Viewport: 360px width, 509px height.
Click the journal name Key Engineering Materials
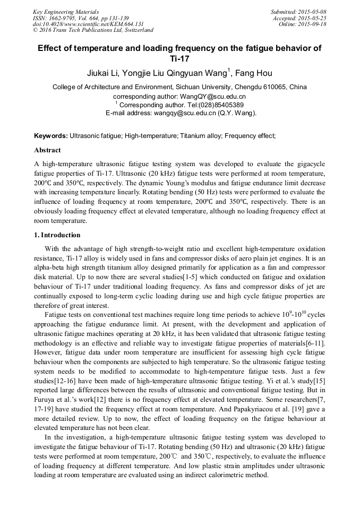tap(66, 11)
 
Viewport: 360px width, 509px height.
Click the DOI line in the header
tap(88, 24)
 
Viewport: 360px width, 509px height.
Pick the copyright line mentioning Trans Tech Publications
tap(93, 30)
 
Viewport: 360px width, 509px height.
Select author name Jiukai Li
tap(105, 73)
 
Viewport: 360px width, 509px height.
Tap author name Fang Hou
tap(254, 73)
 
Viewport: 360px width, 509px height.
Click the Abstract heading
tap(47, 150)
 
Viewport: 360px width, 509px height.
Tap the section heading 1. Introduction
tap(57, 235)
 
